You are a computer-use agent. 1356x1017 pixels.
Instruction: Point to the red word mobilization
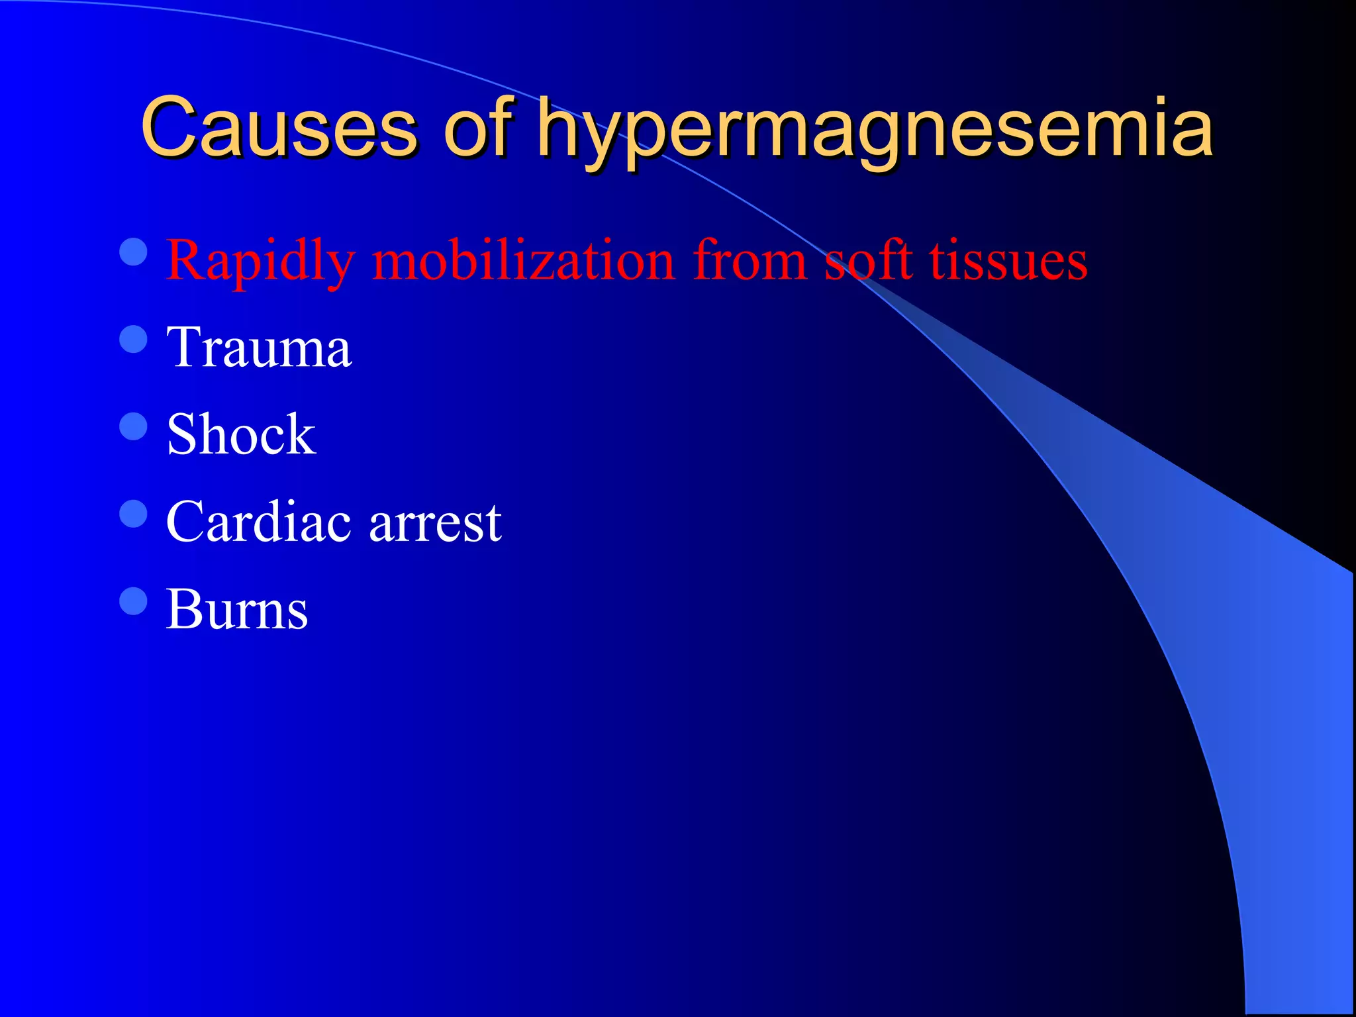pos(523,260)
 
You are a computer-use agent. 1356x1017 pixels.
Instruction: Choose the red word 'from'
pos(750,260)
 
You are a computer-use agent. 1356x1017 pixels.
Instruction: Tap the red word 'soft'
pos(869,260)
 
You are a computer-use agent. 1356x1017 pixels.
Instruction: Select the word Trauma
pos(259,348)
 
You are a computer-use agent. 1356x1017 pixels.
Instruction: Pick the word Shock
pos(241,434)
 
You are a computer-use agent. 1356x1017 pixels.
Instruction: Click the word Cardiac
pos(259,522)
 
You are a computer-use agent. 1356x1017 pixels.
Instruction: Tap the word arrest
pos(435,523)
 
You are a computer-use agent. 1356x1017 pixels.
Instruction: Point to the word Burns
pos(237,609)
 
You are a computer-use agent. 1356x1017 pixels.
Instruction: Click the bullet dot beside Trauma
pos(134,339)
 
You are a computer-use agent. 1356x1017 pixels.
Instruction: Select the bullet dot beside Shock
pos(134,426)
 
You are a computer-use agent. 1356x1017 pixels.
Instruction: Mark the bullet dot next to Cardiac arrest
pos(134,514)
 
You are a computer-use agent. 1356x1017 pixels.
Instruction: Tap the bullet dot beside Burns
pos(134,601)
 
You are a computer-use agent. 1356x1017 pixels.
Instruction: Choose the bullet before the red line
pos(134,252)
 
